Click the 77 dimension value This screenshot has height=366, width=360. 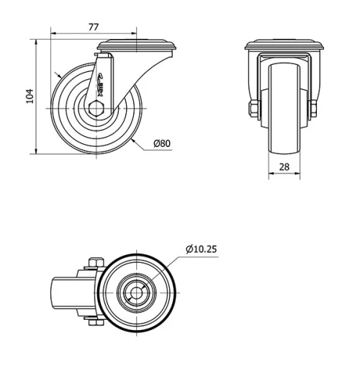pos(94,27)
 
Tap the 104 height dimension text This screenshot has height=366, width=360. pos(30,96)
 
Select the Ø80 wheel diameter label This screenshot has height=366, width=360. pos(162,143)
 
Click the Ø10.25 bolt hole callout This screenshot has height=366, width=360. pos(201,249)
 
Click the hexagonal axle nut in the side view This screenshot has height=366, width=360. pos(97,110)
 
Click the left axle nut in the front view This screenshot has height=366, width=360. pos(251,110)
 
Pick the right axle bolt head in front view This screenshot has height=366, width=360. pos(314,110)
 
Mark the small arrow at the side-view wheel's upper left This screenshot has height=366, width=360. pos(58,75)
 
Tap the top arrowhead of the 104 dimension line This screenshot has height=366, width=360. pos(36,42)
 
